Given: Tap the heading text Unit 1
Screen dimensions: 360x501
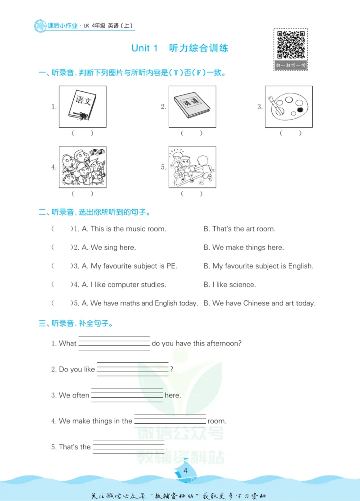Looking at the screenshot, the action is click(x=144, y=48).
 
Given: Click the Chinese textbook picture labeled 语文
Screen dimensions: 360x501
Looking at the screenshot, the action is click(x=82, y=107).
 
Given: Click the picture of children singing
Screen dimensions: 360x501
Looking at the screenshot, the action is click(x=82, y=167).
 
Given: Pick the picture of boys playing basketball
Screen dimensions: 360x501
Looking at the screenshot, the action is click(x=192, y=167).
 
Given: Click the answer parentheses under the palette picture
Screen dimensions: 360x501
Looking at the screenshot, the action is click(x=290, y=133).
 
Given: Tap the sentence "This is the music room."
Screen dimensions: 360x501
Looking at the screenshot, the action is click(x=128, y=229).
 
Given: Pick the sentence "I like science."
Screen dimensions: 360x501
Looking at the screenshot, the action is click(x=234, y=284).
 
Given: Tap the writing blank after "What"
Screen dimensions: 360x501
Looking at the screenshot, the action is click(x=114, y=344).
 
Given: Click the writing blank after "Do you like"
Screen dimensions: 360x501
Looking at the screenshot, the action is click(x=133, y=369).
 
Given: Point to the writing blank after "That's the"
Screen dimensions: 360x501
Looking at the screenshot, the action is click(x=129, y=447).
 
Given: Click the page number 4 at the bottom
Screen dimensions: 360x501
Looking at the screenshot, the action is click(x=185, y=470).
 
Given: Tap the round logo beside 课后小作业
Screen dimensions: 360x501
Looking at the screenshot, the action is click(x=40, y=26).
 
